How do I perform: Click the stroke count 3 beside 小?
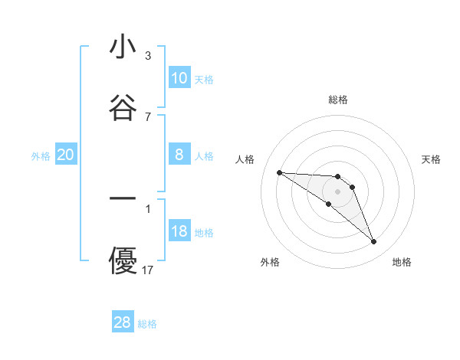click(x=148, y=56)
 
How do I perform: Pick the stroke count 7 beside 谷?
click(x=148, y=116)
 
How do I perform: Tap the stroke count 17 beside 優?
click(x=148, y=270)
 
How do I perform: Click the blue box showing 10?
click(x=179, y=77)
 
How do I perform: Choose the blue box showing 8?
click(x=179, y=155)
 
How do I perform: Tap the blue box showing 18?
click(x=179, y=231)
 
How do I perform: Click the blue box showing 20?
click(x=66, y=155)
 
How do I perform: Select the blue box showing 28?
click(x=123, y=322)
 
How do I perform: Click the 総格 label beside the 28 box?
click(x=147, y=324)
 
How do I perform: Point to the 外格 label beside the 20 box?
click(x=41, y=155)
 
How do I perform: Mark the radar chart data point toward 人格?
click(x=279, y=172)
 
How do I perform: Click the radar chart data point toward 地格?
click(x=373, y=242)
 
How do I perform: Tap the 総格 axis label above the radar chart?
click(x=338, y=100)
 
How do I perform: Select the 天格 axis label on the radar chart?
click(x=431, y=159)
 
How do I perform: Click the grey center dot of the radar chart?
click(x=337, y=191)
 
